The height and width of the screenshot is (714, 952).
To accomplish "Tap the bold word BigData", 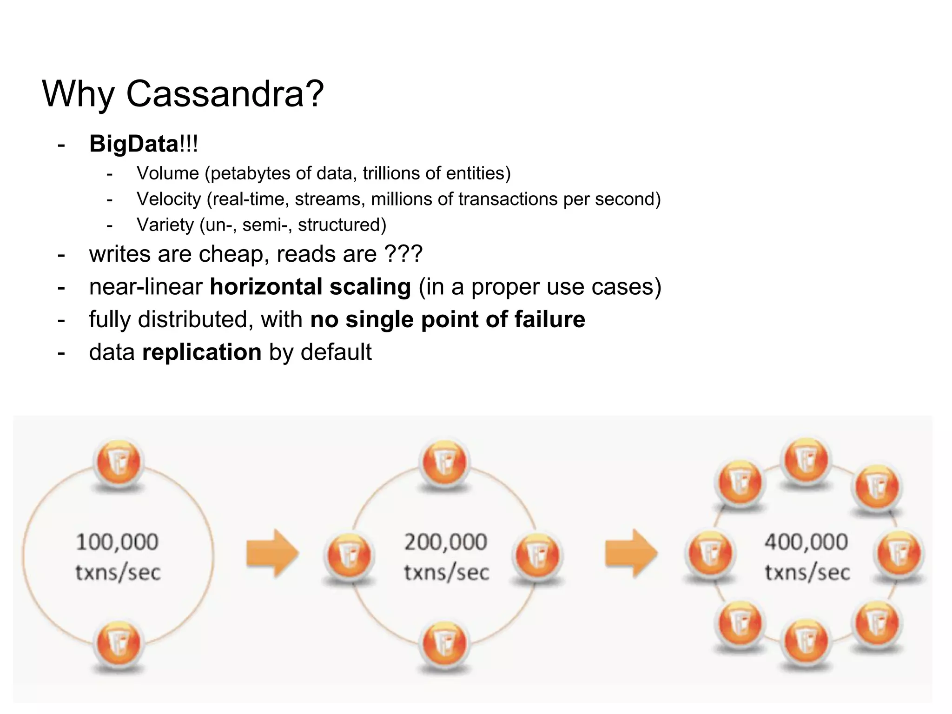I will point(134,144).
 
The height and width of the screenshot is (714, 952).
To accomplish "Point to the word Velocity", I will point(169,199).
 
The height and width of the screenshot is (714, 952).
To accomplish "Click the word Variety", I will point(165,225).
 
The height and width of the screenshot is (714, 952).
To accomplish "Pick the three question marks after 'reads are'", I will point(403,254).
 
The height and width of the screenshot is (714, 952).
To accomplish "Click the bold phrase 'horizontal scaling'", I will point(310,287).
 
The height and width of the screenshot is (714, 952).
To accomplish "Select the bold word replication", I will point(202,352).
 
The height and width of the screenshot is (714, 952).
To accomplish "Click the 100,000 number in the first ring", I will point(117,542).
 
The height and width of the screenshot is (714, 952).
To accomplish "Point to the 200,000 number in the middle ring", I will point(445,542).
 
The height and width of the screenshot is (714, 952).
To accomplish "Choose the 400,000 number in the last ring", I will point(807,542).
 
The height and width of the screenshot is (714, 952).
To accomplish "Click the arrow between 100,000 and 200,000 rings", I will point(272,554).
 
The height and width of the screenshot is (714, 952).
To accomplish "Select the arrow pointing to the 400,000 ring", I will point(631,554).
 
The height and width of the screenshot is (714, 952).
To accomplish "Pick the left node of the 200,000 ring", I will point(349,555).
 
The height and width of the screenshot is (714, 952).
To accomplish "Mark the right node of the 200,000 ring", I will point(537,555).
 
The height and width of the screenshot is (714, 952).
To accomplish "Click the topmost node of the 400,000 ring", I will point(807,459).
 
